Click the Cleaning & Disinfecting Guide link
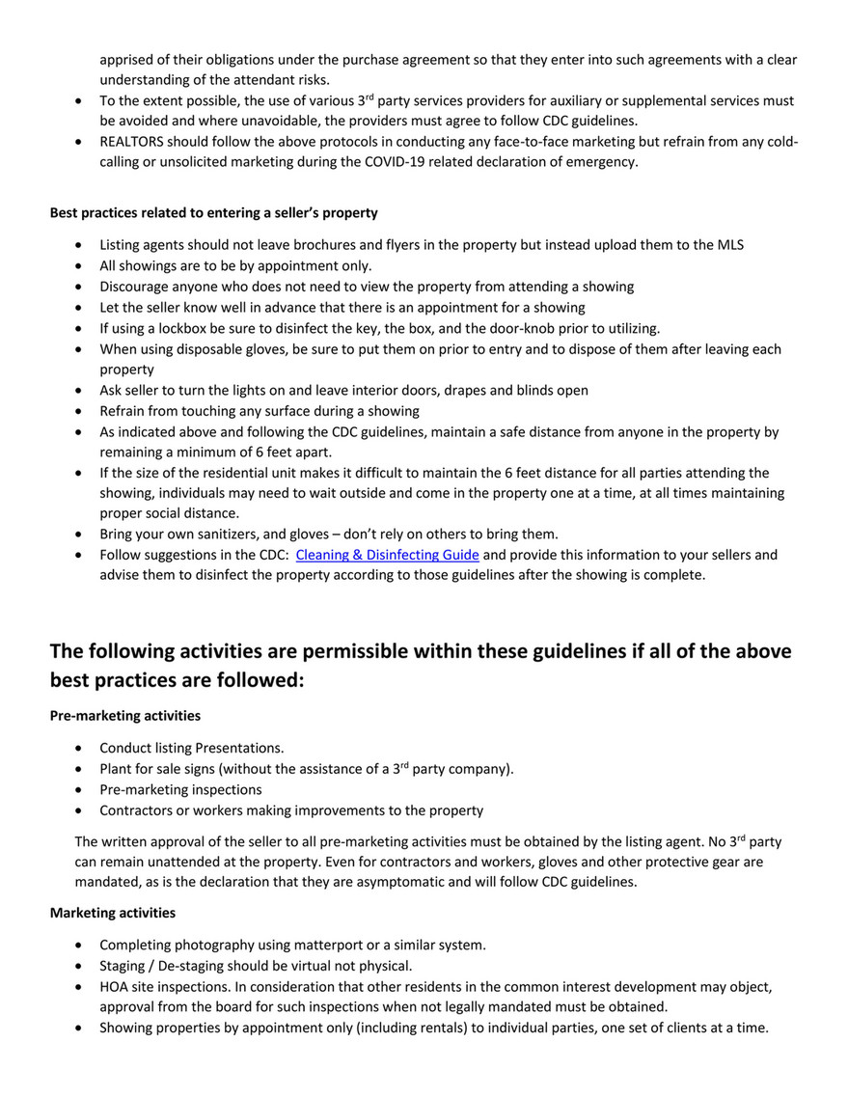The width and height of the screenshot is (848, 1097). pos(387,555)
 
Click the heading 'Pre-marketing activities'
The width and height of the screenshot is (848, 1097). pos(125,716)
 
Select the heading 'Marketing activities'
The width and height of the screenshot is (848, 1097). pos(112,912)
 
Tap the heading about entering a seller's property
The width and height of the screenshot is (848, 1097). pos(214,212)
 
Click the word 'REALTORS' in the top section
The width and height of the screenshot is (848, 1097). pos(133,141)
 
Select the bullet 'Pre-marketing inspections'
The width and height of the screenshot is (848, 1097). pos(180,789)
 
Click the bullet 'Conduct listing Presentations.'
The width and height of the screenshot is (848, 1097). pos(191,748)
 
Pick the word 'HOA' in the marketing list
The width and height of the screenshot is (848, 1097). pos(116,987)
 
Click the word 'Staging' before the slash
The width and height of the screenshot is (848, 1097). pos(124,966)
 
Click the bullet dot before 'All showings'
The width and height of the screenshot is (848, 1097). pos(77,266)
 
